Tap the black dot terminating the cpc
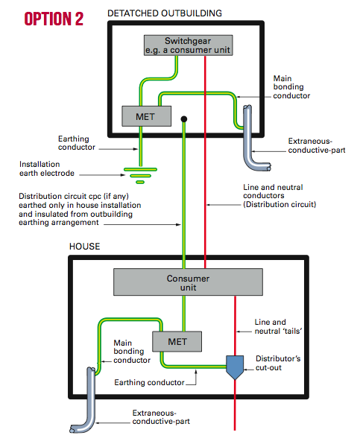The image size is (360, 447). coord(183,118)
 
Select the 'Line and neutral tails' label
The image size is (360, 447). coord(270,328)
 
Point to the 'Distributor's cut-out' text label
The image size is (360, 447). coord(279,364)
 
